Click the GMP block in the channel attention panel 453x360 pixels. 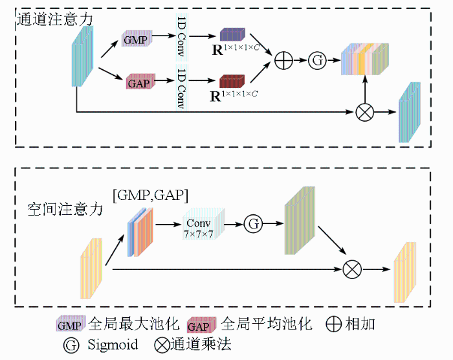[137, 40]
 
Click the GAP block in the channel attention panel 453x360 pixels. [137, 82]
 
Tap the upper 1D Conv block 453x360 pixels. [181, 37]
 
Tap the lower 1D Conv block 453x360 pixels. [181, 86]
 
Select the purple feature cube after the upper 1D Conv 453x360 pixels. [231, 35]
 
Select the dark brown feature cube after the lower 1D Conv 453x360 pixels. [231, 82]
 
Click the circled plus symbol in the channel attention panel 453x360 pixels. [284, 61]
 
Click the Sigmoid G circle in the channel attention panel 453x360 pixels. [318, 61]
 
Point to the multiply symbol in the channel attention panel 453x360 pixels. [365, 111]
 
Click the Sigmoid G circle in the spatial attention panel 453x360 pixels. [254, 224]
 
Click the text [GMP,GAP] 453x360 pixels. [150, 194]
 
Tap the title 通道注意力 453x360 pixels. [54, 19]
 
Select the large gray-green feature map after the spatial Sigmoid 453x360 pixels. [298, 221]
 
